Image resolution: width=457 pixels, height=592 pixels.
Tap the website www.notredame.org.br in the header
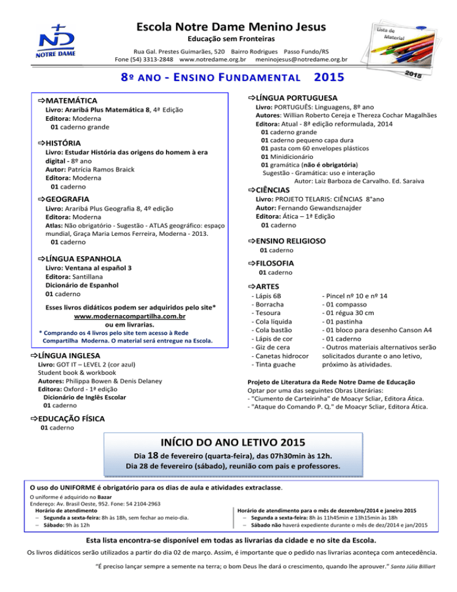click(x=213, y=60)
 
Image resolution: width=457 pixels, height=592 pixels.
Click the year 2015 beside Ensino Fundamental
click(x=329, y=77)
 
